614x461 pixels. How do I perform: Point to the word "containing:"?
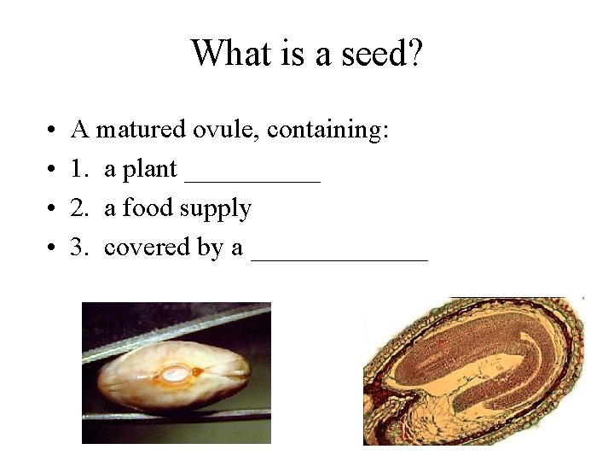click(328, 131)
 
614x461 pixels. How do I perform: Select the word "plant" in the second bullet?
click(150, 170)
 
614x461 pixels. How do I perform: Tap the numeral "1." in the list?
click(81, 170)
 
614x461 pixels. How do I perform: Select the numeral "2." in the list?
click(81, 208)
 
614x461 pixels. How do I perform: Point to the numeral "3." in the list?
click(81, 248)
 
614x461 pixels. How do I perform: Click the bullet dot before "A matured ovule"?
click(53, 131)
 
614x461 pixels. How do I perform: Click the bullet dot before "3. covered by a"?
click(53, 248)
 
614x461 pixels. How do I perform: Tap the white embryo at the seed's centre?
click(176, 374)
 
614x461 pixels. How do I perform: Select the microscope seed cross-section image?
click(473, 371)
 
